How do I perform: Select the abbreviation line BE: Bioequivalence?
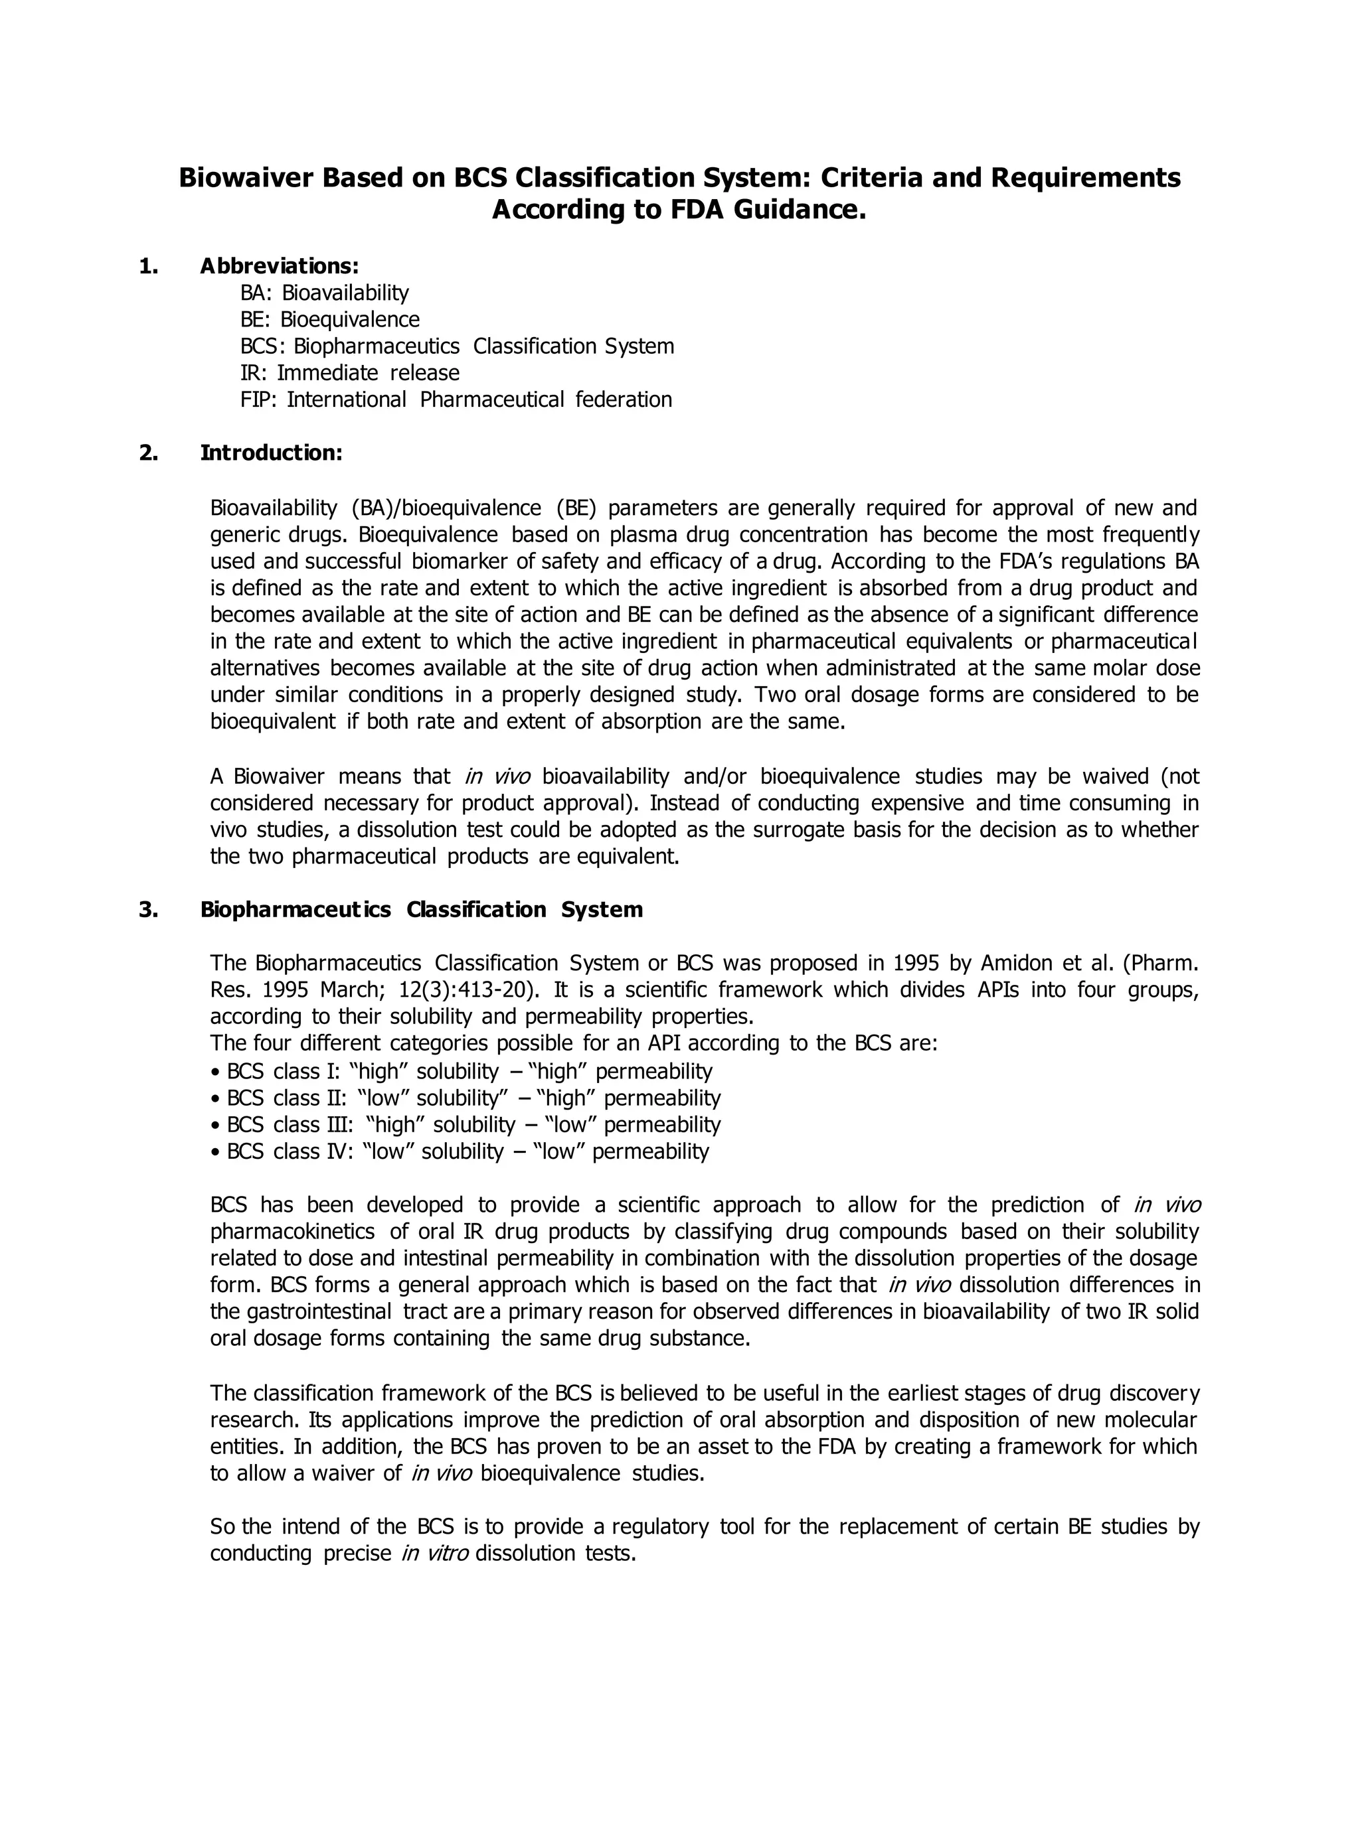[329, 319]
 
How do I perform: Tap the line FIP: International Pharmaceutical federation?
[456, 400]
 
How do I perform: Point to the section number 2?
[148, 453]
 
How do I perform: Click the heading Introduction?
[271, 453]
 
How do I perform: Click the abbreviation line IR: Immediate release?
[349, 373]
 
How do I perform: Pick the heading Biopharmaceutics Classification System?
[420, 909]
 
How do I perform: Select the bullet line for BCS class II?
[465, 1098]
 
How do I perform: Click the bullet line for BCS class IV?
[460, 1151]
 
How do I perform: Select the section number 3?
[148, 909]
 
